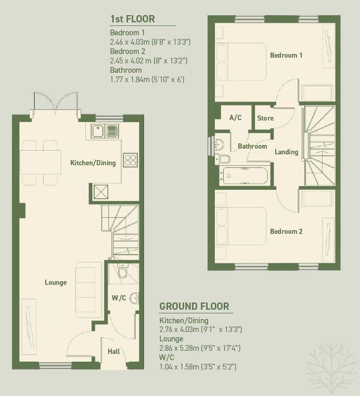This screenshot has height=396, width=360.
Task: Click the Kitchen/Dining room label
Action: tap(93, 163)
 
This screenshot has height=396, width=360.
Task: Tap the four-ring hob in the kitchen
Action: tap(131, 160)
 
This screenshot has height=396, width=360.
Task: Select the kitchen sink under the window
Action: tap(105, 131)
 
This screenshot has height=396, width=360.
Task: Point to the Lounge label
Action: tap(56, 282)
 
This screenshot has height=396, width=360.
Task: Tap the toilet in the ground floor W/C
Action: tap(123, 271)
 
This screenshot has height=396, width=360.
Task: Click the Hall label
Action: tap(114, 351)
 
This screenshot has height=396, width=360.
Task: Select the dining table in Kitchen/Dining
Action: tap(41, 162)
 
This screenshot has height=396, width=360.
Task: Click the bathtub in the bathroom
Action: tap(243, 176)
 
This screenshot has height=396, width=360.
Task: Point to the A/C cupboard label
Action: tap(235, 117)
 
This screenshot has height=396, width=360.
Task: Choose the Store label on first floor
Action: tap(265, 118)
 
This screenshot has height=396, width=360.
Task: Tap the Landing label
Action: tap(287, 152)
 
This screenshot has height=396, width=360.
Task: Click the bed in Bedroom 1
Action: tap(241, 62)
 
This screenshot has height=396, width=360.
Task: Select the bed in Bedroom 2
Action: tap(241, 226)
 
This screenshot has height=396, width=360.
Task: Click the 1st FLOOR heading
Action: tap(133, 19)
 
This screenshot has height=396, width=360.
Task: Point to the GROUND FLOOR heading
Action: tap(194, 306)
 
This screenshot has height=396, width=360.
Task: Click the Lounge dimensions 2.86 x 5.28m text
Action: tap(200, 348)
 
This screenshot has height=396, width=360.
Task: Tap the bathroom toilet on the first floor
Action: tap(223, 159)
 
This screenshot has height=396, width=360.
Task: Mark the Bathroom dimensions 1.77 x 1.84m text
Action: tap(147, 80)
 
